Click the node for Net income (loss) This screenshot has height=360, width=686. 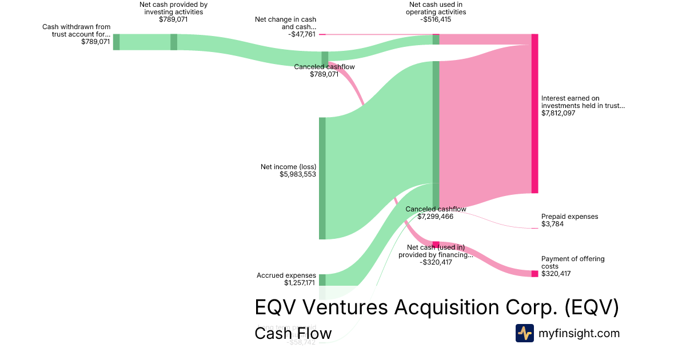[322, 178]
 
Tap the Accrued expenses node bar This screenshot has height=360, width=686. [322, 279]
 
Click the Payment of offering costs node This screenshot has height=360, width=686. [535, 274]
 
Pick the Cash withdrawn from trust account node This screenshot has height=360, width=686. [116, 42]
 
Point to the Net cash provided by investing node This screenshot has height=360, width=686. [174, 42]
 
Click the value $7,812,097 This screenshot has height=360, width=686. [558, 113]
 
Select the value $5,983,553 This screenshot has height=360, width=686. [298, 174]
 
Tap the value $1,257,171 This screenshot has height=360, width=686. [300, 282]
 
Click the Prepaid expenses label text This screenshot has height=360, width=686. [569, 217]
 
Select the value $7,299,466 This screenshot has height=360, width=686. [436, 217]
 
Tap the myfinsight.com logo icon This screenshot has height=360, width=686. [524, 333]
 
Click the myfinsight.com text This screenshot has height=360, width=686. [579, 333]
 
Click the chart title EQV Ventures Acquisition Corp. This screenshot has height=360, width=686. [436, 307]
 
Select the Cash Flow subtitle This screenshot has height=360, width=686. [293, 333]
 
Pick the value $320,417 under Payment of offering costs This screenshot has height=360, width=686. [556, 274]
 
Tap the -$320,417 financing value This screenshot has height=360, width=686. [436, 262]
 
